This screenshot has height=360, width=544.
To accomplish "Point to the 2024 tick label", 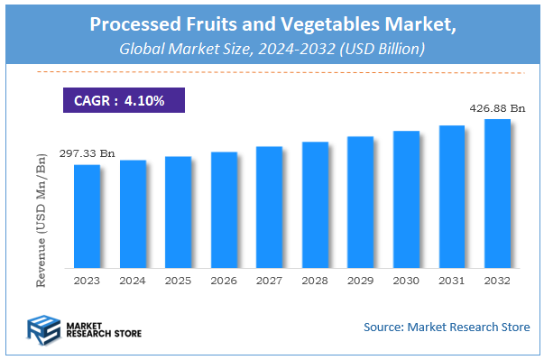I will pyautogui.click(x=133, y=282).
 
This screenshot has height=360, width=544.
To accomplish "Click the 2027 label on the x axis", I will pyautogui.click(x=270, y=282).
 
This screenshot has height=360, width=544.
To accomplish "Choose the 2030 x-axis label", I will pyautogui.click(x=406, y=282).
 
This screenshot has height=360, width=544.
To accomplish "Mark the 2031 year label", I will pyautogui.click(x=452, y=282).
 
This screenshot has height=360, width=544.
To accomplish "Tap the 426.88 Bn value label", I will pyautogui.click(x=496, y=108).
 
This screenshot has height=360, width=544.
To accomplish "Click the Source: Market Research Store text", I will pyautogui.click(x=447, y=326).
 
